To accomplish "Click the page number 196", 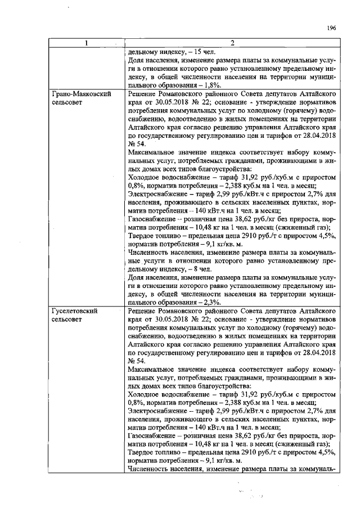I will [x=331, y=28].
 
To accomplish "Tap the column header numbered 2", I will [x=232, y=43].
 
